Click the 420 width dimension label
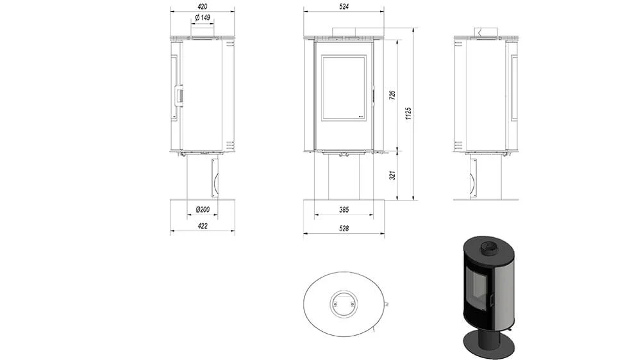(x=203, y=6)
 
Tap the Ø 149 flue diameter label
(x=203, y=17)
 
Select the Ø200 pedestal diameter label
(x=203, y=209)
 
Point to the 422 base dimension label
(x=203, y=225)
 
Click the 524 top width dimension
(x=344, y=6)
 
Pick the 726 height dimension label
(x=392, y=95)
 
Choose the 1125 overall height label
(x=408, y=113)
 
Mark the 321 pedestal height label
(x=392, y=176)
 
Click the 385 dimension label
(x=344, y=209)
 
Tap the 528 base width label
(x=344, y=229)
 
